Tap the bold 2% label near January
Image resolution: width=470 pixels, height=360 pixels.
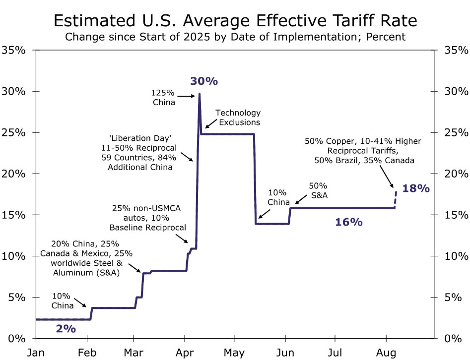click(66, 328)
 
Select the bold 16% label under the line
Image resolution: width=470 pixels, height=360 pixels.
click(349, 222)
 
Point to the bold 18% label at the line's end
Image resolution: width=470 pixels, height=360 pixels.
click(416, 188)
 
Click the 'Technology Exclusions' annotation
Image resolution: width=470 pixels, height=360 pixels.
click(238, 118)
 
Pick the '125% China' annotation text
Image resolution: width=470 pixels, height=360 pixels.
click(164, 98)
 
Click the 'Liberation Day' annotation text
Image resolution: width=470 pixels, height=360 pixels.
click(139, 152)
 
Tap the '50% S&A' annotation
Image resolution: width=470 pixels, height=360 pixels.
click(318, 190)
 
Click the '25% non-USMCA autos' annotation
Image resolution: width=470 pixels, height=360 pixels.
click(148, 218)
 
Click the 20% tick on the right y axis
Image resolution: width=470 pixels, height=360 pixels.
click(455, 174)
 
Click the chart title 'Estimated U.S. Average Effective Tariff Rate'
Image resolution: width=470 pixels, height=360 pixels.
click(235, 21)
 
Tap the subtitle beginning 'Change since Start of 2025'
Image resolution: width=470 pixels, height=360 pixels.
click(235, 37)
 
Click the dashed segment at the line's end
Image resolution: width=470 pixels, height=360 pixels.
click(396, 199)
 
